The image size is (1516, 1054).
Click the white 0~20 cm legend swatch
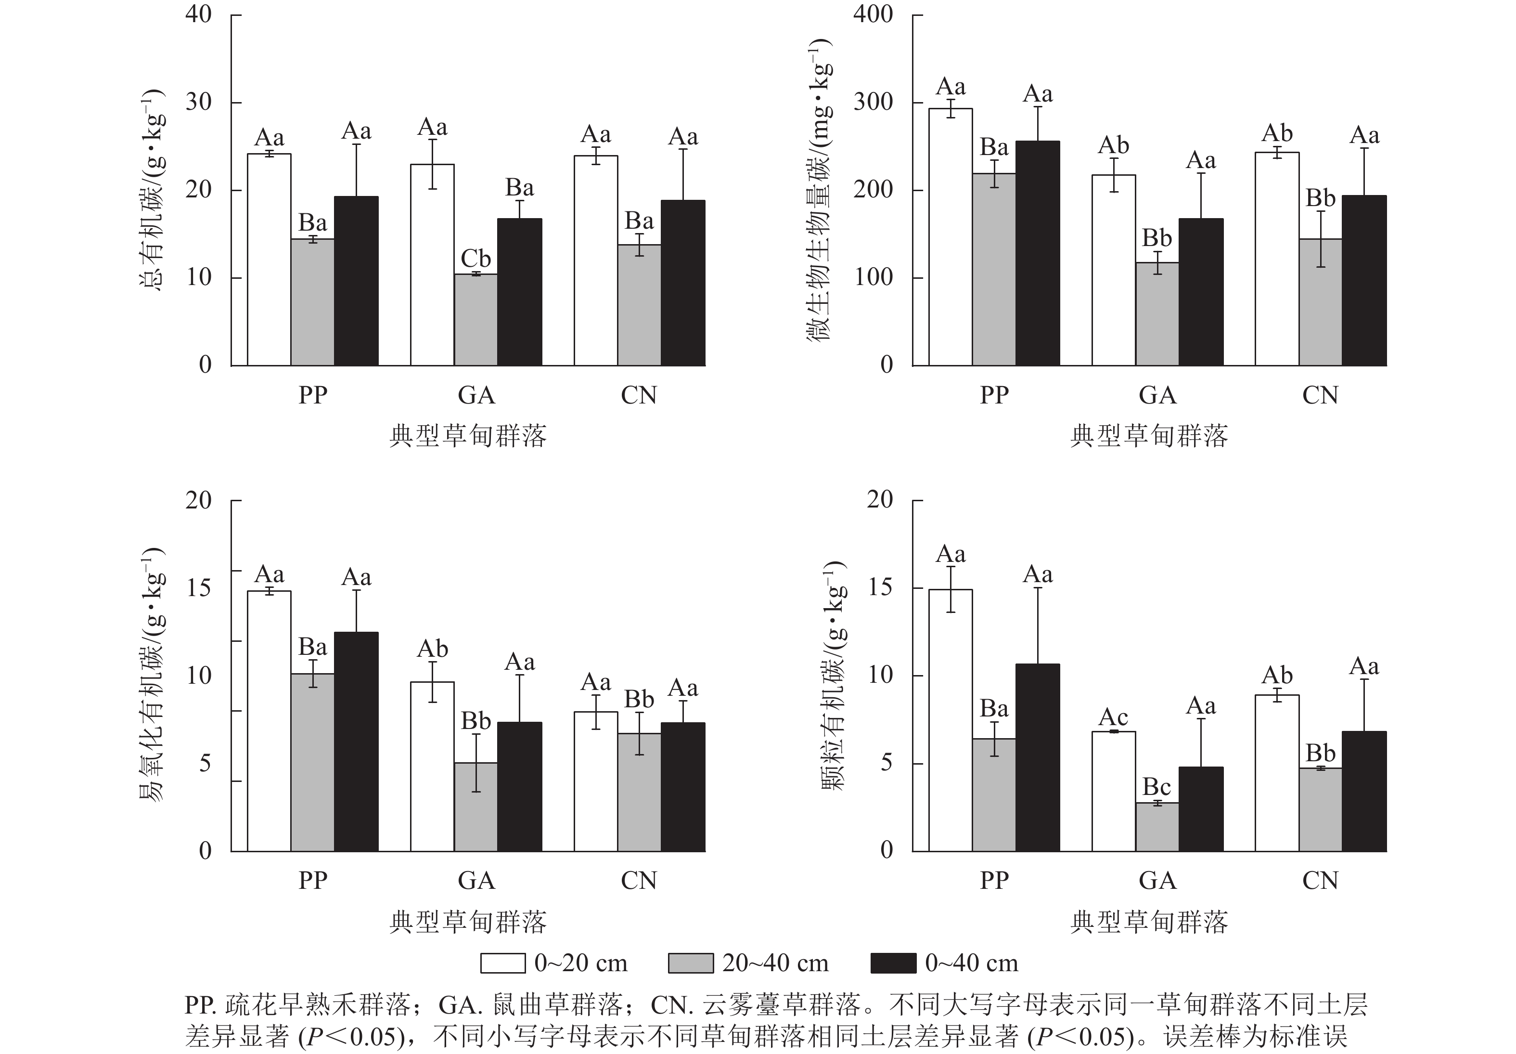(x=503, y=963)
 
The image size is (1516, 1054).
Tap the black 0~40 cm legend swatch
(x=893, y=963)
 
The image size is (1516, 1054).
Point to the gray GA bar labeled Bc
(x=1157, y=827)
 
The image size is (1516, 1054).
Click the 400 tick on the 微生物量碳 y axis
(x=873, y=14)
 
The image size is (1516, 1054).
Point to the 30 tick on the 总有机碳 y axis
(x=198, y=103)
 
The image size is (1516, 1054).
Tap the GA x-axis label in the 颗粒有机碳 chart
(x=1157, y=880)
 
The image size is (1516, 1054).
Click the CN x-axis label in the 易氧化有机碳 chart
(x=639, y=880)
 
